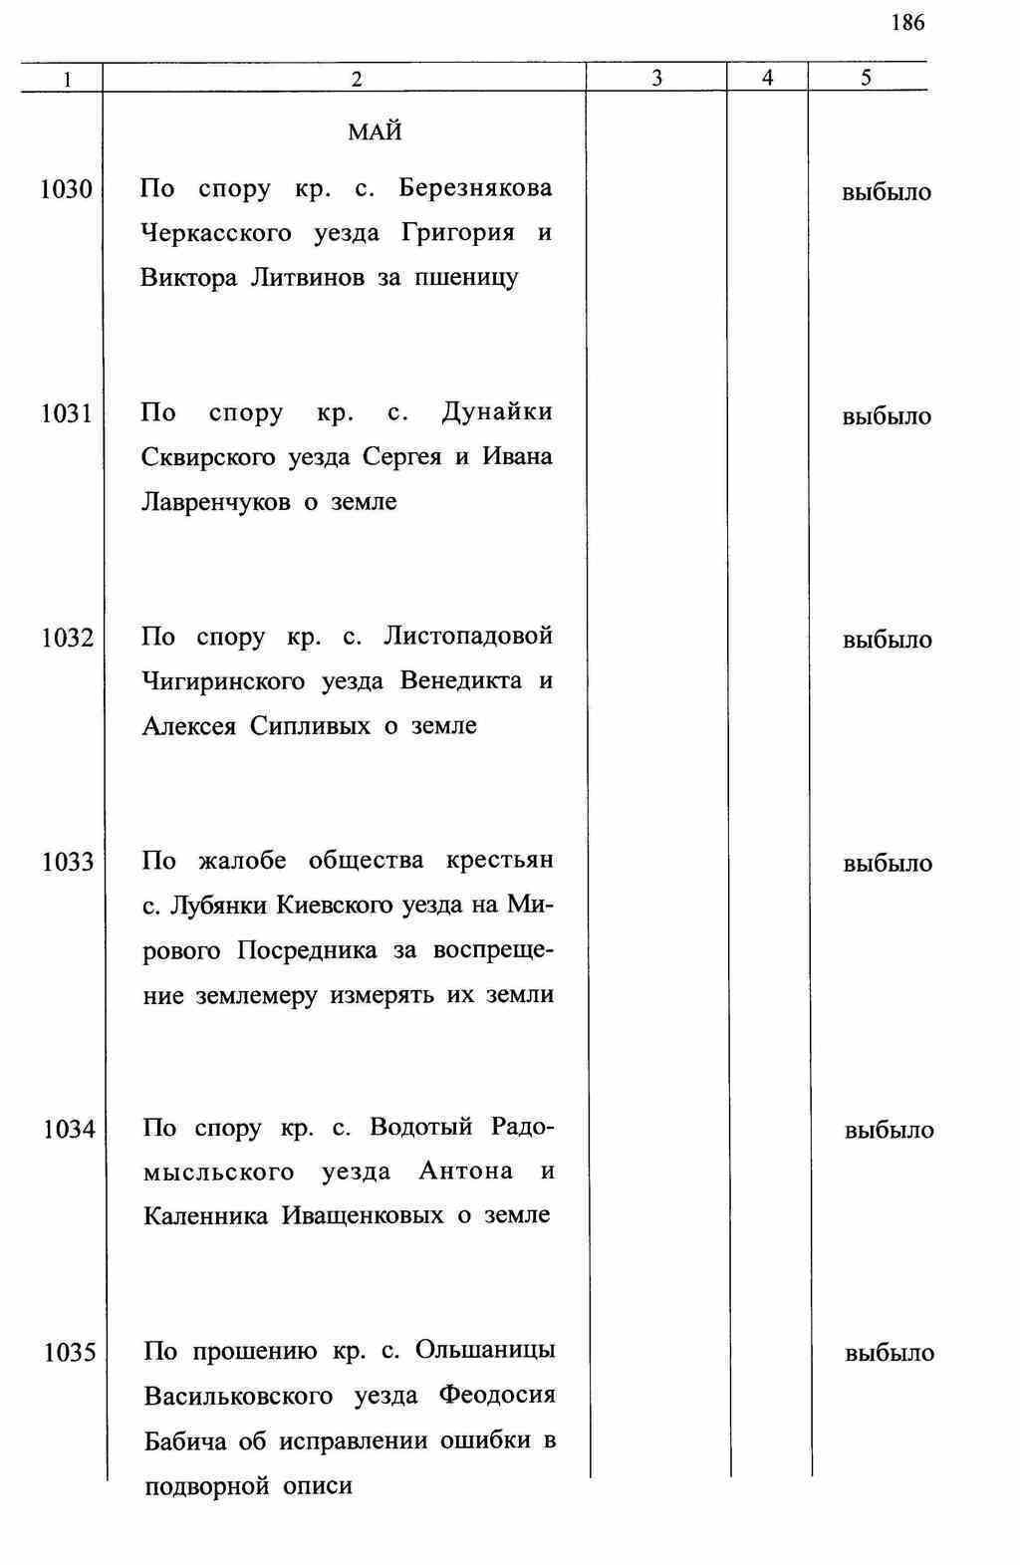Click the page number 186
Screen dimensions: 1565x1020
(x=908, y=23)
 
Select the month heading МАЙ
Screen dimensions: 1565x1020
(x=376, y=132)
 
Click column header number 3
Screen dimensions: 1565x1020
(x=656, y=79)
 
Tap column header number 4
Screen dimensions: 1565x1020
(x=767, y=78)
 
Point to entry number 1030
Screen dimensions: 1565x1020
(x=66, y=189)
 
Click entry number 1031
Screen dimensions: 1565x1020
(x=67, y=413)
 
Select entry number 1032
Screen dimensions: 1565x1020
(x=68, y=638)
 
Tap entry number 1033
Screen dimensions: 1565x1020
(x=68, y=862)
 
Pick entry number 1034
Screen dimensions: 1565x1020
(x=69, y=1130)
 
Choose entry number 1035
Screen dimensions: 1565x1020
(x=70, y=1353)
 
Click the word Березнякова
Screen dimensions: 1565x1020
(x=475, y=188)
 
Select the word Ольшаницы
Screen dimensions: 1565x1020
(x=485, y=1351)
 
